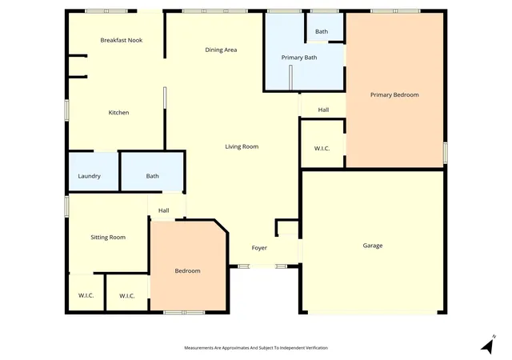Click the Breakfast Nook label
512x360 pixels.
[122, 40]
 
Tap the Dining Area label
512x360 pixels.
[221, 50]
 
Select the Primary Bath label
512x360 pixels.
[299, 58]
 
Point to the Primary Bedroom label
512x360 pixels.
[394, 94]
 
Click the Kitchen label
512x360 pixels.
[118, 112]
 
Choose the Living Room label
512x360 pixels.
[242, 146]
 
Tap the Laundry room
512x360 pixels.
[94, 172]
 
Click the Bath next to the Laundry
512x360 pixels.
[152, 172]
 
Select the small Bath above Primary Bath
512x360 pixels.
[325, 26]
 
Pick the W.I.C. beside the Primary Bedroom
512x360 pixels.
[322, 144]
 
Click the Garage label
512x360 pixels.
[373, 246]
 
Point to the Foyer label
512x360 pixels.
[259, 248]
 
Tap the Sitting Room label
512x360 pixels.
[108, 238]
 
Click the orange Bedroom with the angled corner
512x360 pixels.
[188, 266]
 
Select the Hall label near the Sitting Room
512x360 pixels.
[163, 210]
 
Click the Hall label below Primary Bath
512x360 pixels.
[323, 110]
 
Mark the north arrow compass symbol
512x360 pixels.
[489, 345]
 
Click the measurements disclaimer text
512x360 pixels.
[256, 348]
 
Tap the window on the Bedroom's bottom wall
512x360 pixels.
[184, 313]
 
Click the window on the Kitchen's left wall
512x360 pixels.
[66, 110]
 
